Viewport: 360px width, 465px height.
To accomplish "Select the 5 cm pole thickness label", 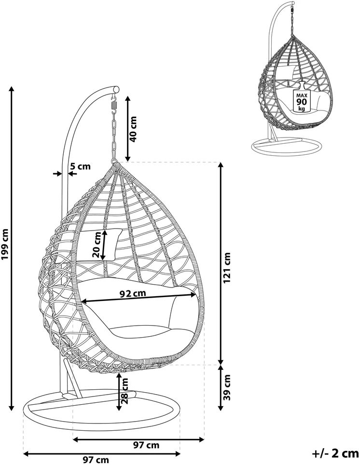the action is [x=80, y=166].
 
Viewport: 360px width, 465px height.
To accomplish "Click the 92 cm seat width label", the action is [x=133, y=293].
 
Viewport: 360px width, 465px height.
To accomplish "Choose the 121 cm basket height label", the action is [x=227, y=268].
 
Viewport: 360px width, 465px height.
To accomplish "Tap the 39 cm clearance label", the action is [x=227, y=387].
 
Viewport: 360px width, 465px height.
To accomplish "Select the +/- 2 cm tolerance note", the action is [x=335, y=453].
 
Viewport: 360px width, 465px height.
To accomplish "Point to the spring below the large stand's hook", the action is [x=114, y=105].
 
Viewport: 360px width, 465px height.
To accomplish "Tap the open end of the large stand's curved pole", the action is [x=117, y=89].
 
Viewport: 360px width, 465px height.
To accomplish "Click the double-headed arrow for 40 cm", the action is [x=127, y=129].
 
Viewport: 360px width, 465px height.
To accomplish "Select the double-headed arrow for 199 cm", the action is [x=12, y=248].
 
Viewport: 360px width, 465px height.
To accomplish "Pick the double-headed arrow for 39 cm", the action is [x=221, y=388].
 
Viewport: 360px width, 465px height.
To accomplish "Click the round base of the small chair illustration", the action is [x=287, y=147].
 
